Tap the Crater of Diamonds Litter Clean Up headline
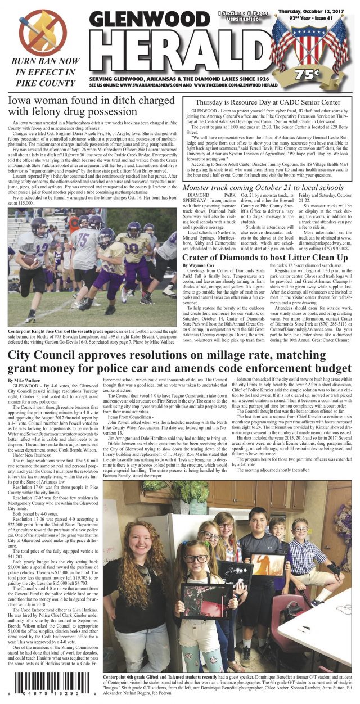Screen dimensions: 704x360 click(x=271, y=257)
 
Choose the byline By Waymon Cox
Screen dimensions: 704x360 click(x=202, y=264)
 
